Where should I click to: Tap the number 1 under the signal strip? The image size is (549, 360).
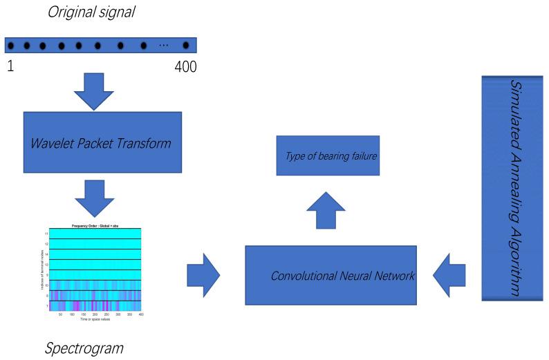(x=10, y=67)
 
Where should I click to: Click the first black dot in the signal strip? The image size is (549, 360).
(x=11, y=46)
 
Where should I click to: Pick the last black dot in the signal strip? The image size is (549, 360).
(x=185, y=46)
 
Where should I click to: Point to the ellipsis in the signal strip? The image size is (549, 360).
(x=164, y=46)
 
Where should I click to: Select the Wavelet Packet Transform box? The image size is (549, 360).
(x=102, y=142)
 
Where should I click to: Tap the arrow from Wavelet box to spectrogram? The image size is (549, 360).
(x=94, y=199)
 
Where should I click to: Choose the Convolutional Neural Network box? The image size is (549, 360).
(x=331, y=275)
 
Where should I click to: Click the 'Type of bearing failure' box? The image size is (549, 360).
(x=328, y=156)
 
